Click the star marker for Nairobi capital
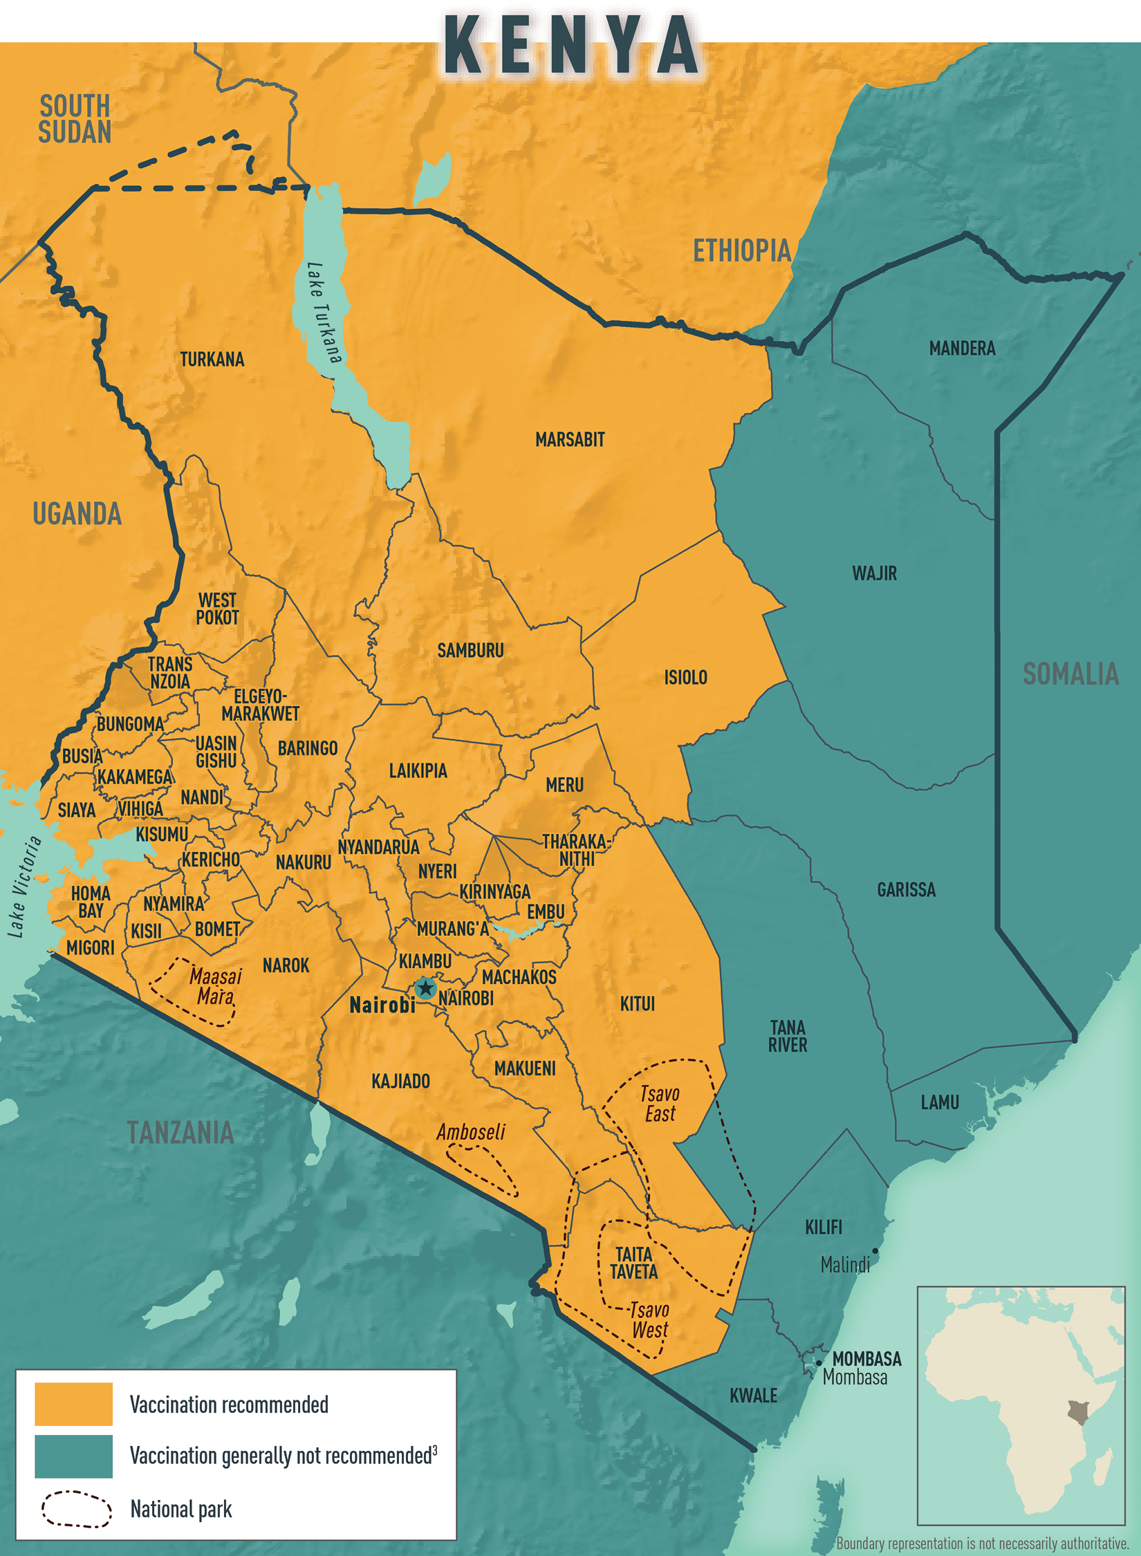425,988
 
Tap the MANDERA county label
962,349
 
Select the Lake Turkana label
324,313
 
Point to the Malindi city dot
875,1251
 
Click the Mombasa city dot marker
819,1363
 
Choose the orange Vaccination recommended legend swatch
73,1404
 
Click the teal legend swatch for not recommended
73,1456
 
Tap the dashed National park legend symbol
76,1509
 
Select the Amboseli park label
470,1132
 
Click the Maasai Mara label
215,986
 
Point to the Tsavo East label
660,1104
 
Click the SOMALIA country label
1070,674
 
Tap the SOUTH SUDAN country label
75,119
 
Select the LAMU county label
940,1102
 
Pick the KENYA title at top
570,45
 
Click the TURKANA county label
212,360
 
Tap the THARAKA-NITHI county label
575,850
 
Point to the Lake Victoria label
25,887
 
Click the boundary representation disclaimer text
982,1544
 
